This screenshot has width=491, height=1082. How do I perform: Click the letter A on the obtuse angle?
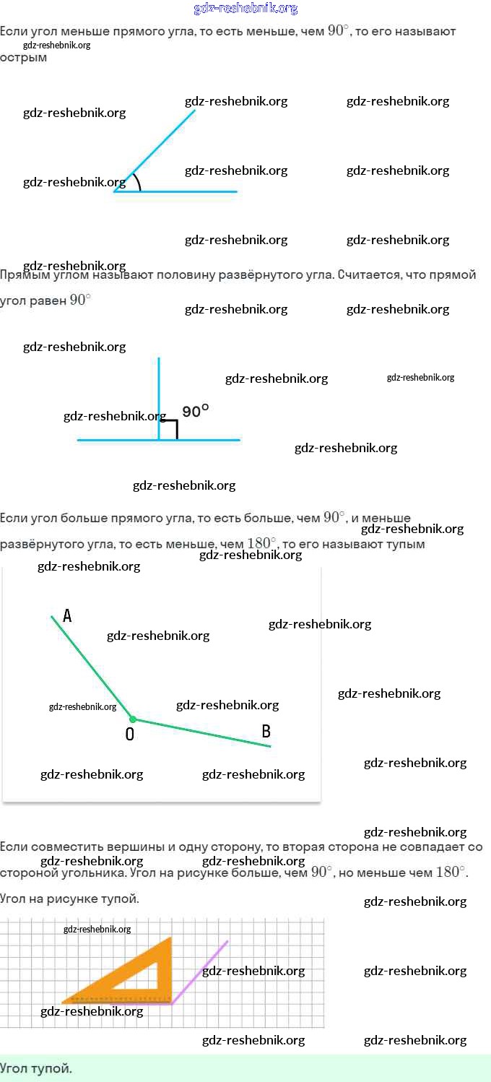(x=67, y=616)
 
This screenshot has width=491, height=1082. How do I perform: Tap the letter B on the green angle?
(x=266, y=732)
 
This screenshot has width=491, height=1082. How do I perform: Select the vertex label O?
(x=130, y=735)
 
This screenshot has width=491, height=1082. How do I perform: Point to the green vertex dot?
(x=132, y=719)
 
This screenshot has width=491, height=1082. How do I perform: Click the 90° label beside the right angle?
(x=196, y=412)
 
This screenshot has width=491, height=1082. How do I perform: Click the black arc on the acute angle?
(x=138, y=182)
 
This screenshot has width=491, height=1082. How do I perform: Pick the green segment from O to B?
(x=202, y=733)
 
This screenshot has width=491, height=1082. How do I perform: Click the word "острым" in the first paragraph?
(x=24, y=58)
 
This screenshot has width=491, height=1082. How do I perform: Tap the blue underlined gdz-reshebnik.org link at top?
(x=245, y=9)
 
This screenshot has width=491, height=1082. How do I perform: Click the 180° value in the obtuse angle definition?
(x=261, y=543)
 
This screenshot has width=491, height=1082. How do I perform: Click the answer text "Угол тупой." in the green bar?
(x=36, y=1068)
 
